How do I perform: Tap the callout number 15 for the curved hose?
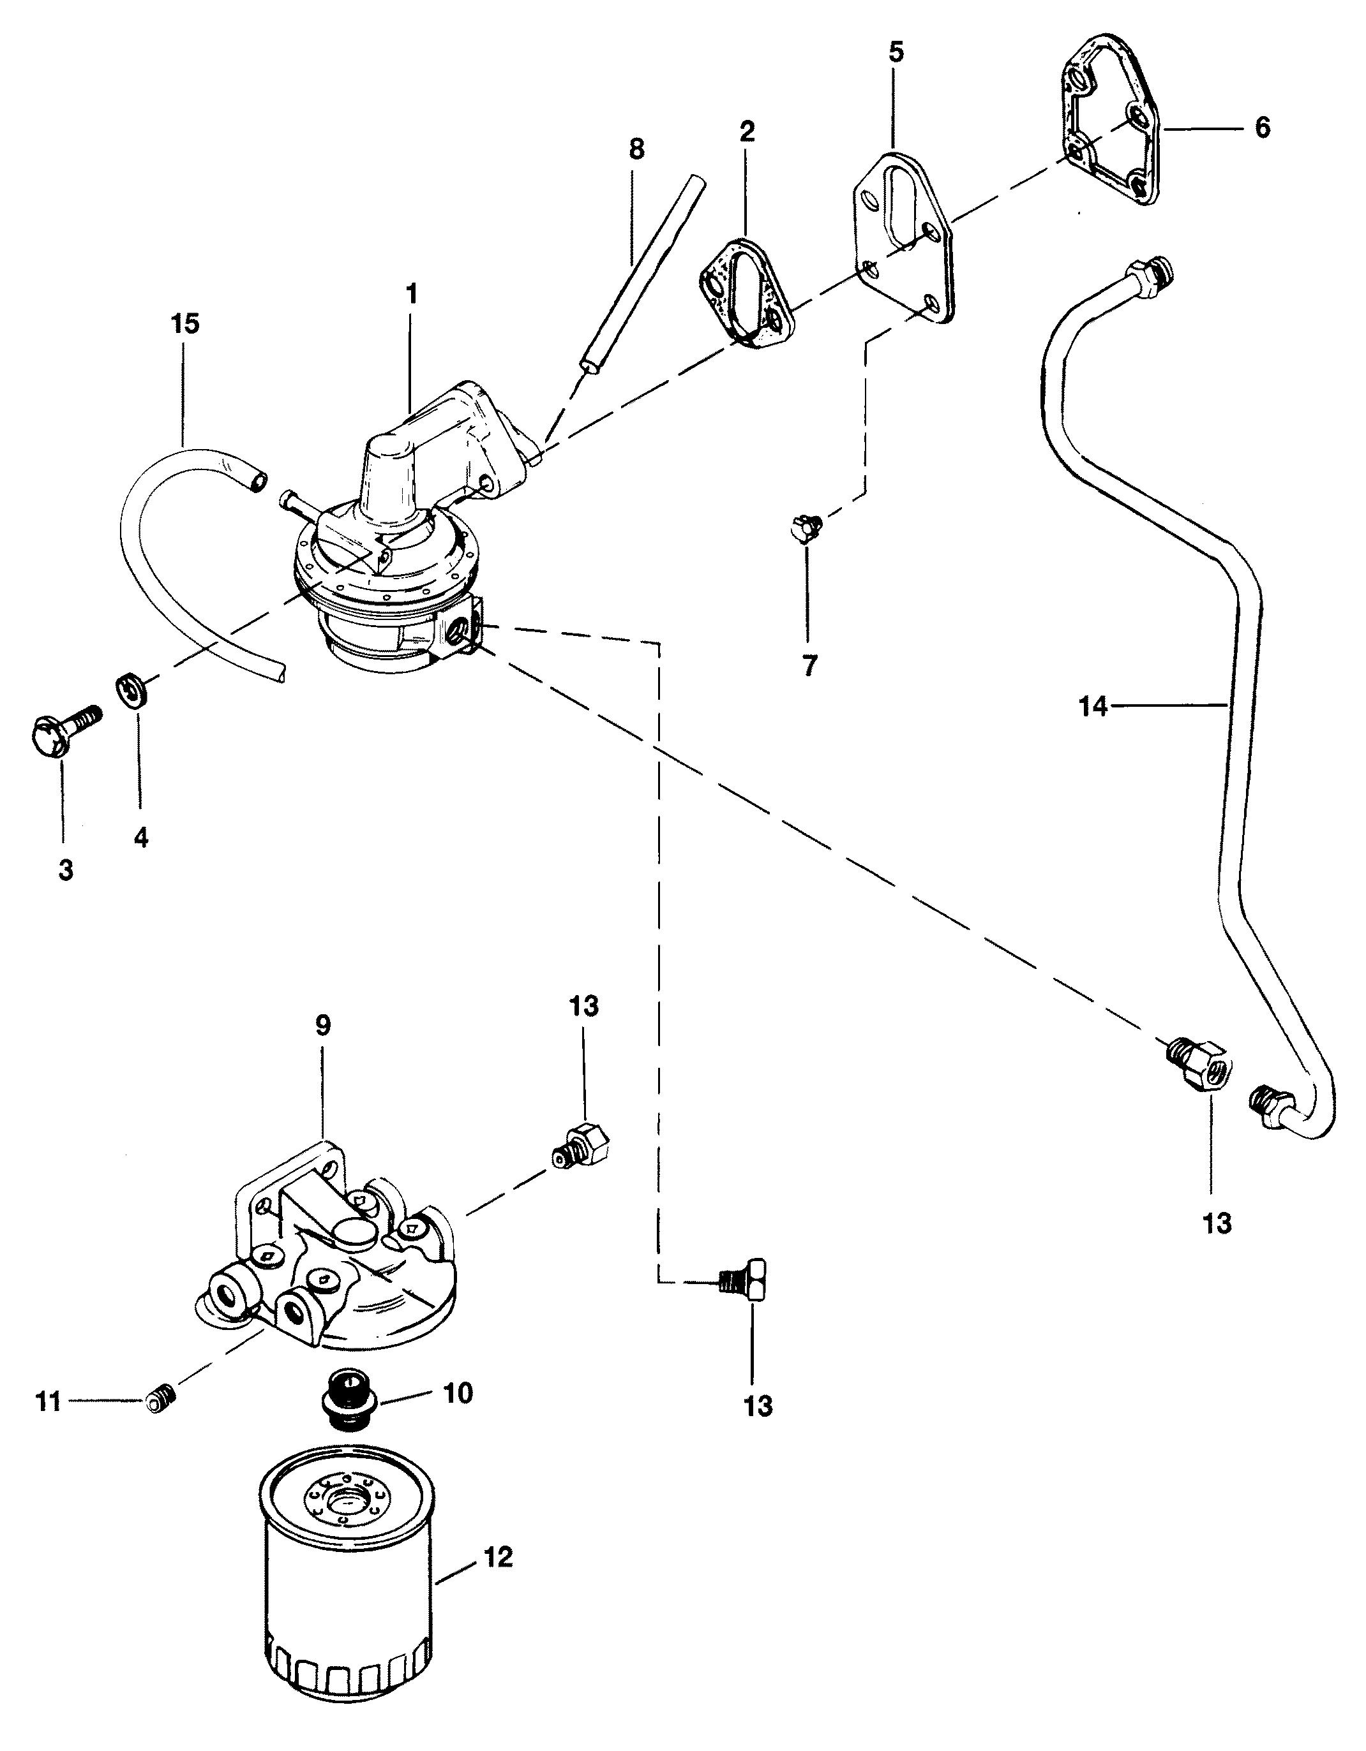click(184, 325)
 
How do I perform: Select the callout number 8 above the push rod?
click(636, 149)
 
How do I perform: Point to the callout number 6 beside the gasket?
click(1263, 128)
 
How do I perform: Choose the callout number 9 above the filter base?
click(322, 1027)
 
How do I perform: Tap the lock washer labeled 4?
click(132, 690)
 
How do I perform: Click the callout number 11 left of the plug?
click(49, 1402)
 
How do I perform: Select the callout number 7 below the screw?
click(809, 665)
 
